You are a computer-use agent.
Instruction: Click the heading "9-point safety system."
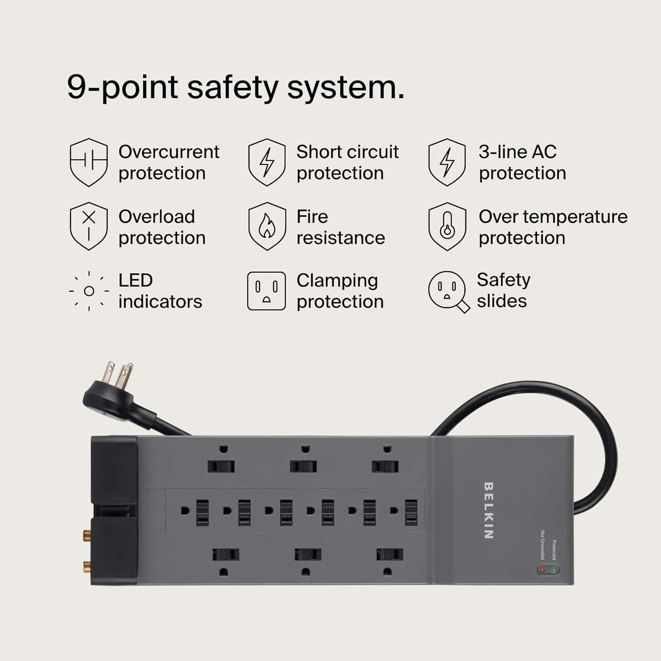235,87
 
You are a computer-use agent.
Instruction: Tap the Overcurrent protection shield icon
89,162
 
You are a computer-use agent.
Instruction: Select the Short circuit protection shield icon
267,162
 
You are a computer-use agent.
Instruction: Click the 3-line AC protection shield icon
447,162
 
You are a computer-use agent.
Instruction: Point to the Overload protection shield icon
89,227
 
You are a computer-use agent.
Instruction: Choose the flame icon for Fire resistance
267,227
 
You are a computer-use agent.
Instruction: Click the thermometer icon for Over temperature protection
447,227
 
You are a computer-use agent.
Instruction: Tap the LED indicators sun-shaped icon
89,291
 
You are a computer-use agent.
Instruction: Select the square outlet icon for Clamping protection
266,291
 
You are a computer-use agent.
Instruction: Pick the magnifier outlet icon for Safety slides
448,291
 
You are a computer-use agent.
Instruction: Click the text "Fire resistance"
340,227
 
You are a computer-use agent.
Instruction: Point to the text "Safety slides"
503,290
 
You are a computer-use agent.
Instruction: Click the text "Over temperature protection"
553,227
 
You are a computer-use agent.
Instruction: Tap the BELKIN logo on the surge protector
488,510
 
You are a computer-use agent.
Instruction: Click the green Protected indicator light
554,570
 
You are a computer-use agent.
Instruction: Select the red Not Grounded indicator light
542,570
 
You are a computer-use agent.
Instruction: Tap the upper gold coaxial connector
85,536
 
